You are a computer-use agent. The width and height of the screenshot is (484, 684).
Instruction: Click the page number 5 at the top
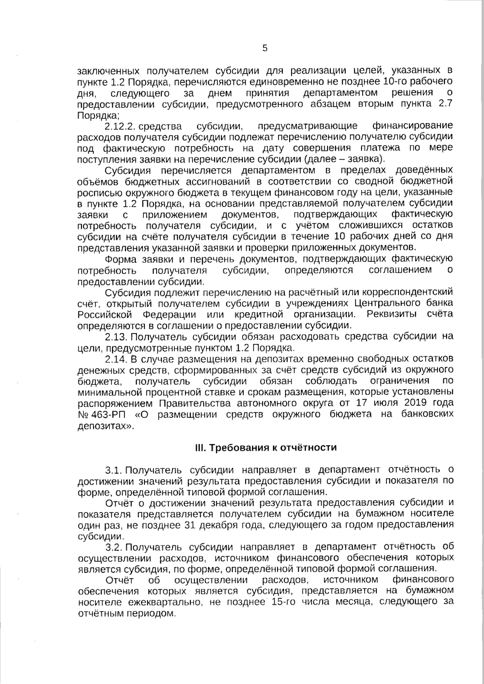[265, 48]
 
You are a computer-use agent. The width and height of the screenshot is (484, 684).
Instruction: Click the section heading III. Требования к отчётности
[265, 448]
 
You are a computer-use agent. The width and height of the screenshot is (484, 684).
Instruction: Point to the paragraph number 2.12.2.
[119, 126]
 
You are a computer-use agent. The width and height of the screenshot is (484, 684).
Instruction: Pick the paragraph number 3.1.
[113, 470]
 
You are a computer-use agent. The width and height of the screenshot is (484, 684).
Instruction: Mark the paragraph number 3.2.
[113, 547]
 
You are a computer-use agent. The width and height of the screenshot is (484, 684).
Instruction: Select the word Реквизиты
[391, 314]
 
